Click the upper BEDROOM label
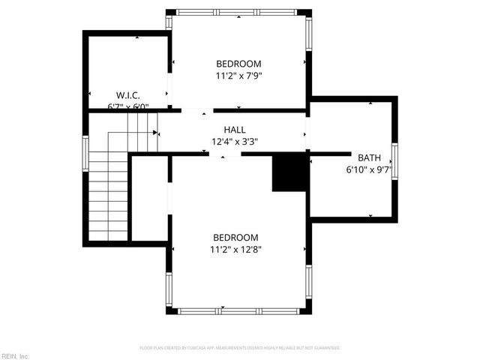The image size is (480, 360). (238, 63)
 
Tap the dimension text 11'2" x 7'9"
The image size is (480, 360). (238, 75)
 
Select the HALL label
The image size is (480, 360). (234, 129)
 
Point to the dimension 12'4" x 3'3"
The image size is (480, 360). (234, 140)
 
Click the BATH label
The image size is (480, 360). (368, 157)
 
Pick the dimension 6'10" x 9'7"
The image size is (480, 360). (368, 169)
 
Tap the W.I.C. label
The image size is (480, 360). (128, 95)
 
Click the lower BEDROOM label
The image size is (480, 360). (235, 237)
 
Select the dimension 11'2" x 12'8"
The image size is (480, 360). (235, 249)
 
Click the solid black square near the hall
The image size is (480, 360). (289, 172)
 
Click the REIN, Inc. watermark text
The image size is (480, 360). (15, 355)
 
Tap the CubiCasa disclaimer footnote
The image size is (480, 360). (240, 348)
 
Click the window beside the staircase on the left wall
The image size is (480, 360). (85, 148)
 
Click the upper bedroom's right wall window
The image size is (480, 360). (307, 34)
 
